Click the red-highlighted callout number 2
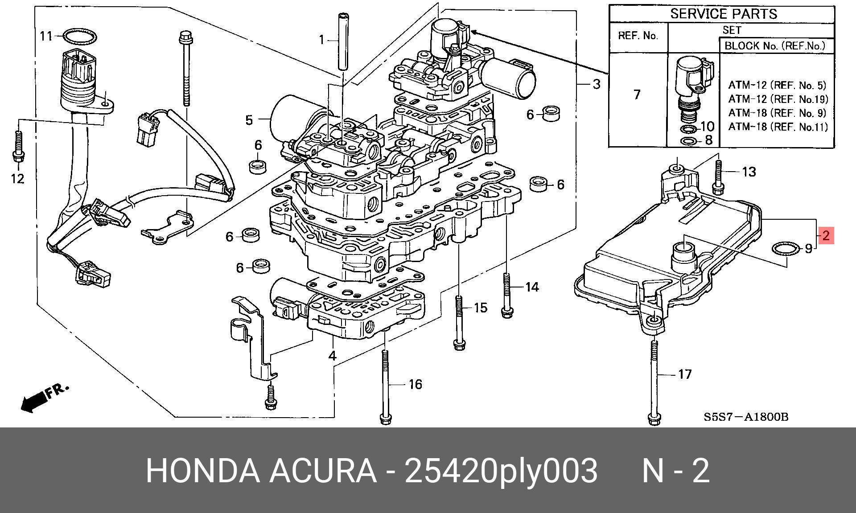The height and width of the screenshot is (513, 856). [826, 235]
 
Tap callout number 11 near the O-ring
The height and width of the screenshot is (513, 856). [46, 36]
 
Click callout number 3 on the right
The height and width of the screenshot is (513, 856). [597, 84]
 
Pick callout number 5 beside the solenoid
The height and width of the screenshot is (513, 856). [249, 119]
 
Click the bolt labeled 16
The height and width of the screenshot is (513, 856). [385, 387]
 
